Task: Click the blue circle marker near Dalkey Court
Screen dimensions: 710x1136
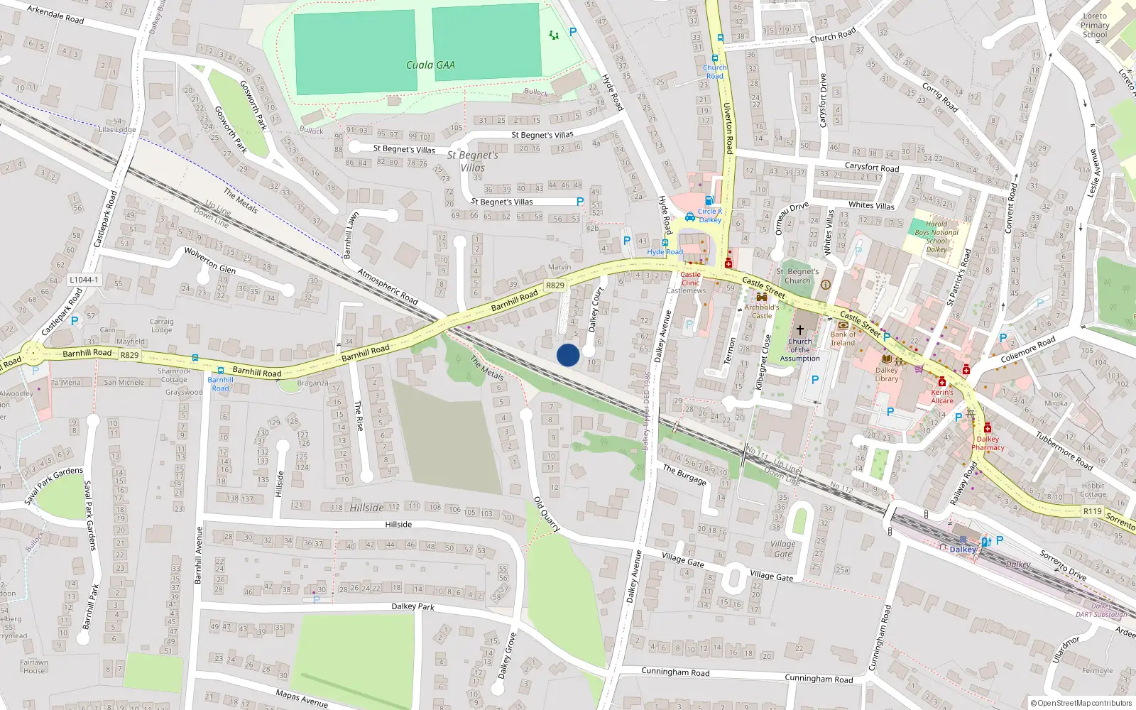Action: [568, 355]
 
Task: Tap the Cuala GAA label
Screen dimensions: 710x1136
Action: [430, 65]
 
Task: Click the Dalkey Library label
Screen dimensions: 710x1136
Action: [886, 374]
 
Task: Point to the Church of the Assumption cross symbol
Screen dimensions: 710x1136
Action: [799, 330]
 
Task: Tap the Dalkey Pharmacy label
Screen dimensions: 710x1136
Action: [988, 443]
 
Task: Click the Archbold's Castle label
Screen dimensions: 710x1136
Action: [761, 312]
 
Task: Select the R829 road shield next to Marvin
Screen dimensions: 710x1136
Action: [555, 285]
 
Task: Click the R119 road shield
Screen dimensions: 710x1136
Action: [1092, 511]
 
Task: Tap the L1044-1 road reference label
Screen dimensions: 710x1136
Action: [84, 280]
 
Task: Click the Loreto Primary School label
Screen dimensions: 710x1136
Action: [1095, 26]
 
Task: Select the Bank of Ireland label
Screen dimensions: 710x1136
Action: [843, 339]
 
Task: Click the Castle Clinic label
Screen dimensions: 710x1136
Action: [690, 278]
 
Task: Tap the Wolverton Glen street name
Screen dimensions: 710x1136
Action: [209, 261]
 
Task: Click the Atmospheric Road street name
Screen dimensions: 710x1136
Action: [388, 286]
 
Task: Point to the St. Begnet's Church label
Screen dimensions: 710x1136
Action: [797, 276]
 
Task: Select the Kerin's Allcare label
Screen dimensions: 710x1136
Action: [942, 396]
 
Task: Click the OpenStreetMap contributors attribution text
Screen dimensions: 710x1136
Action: [1081, 703]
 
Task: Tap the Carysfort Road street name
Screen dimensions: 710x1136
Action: [872, 168]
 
